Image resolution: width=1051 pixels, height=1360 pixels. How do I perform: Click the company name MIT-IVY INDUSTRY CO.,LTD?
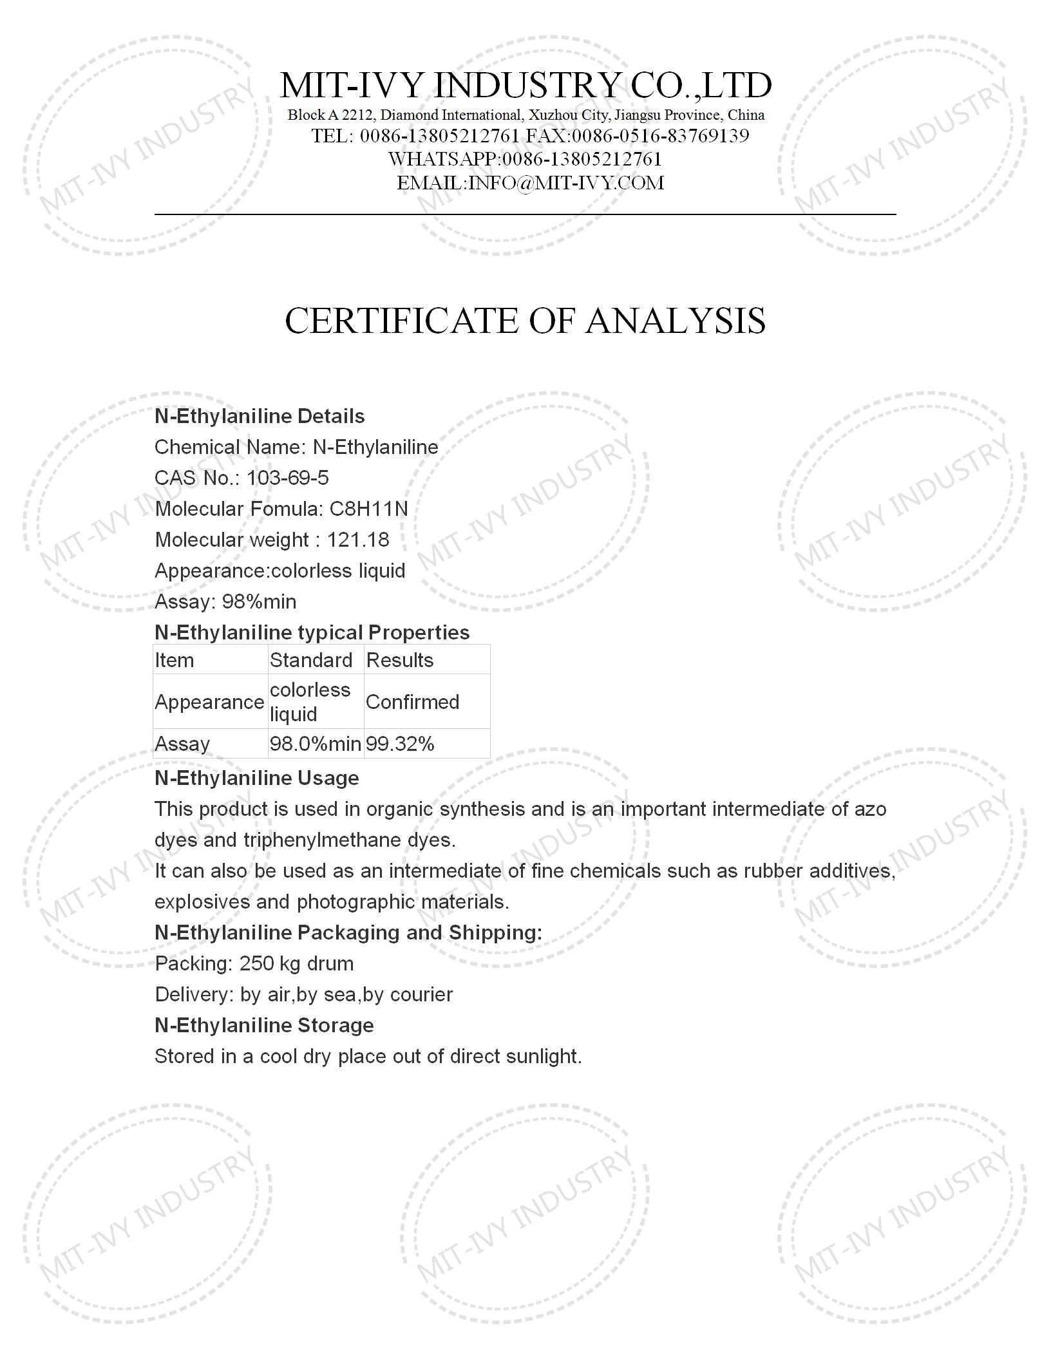click(x=525, y=85)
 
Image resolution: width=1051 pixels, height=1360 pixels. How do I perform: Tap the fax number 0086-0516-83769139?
click(x=661, y=136)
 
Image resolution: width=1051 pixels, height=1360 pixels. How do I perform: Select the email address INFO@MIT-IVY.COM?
click(x=566, y=183)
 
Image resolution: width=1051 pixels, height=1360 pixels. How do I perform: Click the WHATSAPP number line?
click(x=525, y=159)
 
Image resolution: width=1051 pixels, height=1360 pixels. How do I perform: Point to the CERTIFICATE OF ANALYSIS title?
click(x=525, y=321)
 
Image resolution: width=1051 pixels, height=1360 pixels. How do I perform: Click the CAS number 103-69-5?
click(x=287, y=478)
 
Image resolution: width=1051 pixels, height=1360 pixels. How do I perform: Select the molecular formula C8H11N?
click(x=368, y=509)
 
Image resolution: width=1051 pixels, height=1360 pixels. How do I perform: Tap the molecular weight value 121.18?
click(x=358, y=540)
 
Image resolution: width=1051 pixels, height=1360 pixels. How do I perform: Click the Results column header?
click(x=400, y=660)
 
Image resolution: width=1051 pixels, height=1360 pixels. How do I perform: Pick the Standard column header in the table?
click(x=311, y=660)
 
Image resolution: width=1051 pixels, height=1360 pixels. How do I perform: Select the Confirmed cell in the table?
click(x=413, y=702)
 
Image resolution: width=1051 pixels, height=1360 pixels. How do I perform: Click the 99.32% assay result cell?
click(x=400, y=744)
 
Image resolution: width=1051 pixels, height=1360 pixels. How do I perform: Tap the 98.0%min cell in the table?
click(x=315, y=744)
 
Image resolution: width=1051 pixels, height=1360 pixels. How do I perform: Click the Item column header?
click(x=175, y=660)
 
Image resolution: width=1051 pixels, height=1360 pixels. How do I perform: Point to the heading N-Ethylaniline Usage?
click(x=257, y=778)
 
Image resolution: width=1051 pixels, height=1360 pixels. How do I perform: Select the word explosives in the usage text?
click(x=202, y=902)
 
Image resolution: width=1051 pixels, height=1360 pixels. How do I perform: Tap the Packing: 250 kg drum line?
click(x=254, y=963)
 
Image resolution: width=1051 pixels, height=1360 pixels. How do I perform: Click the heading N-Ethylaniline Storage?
click(x=264, y=1025)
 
